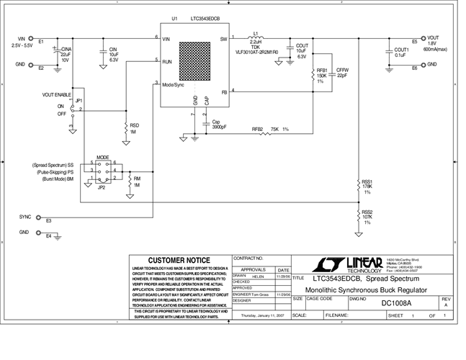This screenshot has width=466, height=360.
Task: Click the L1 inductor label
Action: [256, 32]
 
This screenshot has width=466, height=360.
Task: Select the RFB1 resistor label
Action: [321, 70]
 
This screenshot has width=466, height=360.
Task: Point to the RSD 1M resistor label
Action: [135, 125]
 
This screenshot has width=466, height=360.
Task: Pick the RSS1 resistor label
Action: [367, 181]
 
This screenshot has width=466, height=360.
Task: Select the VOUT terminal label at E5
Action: [433, 37]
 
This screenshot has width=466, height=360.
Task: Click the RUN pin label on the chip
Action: [167, 62]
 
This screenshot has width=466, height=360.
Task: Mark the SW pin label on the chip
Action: [223, 38]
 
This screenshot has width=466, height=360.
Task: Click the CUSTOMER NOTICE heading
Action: [179, 260]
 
